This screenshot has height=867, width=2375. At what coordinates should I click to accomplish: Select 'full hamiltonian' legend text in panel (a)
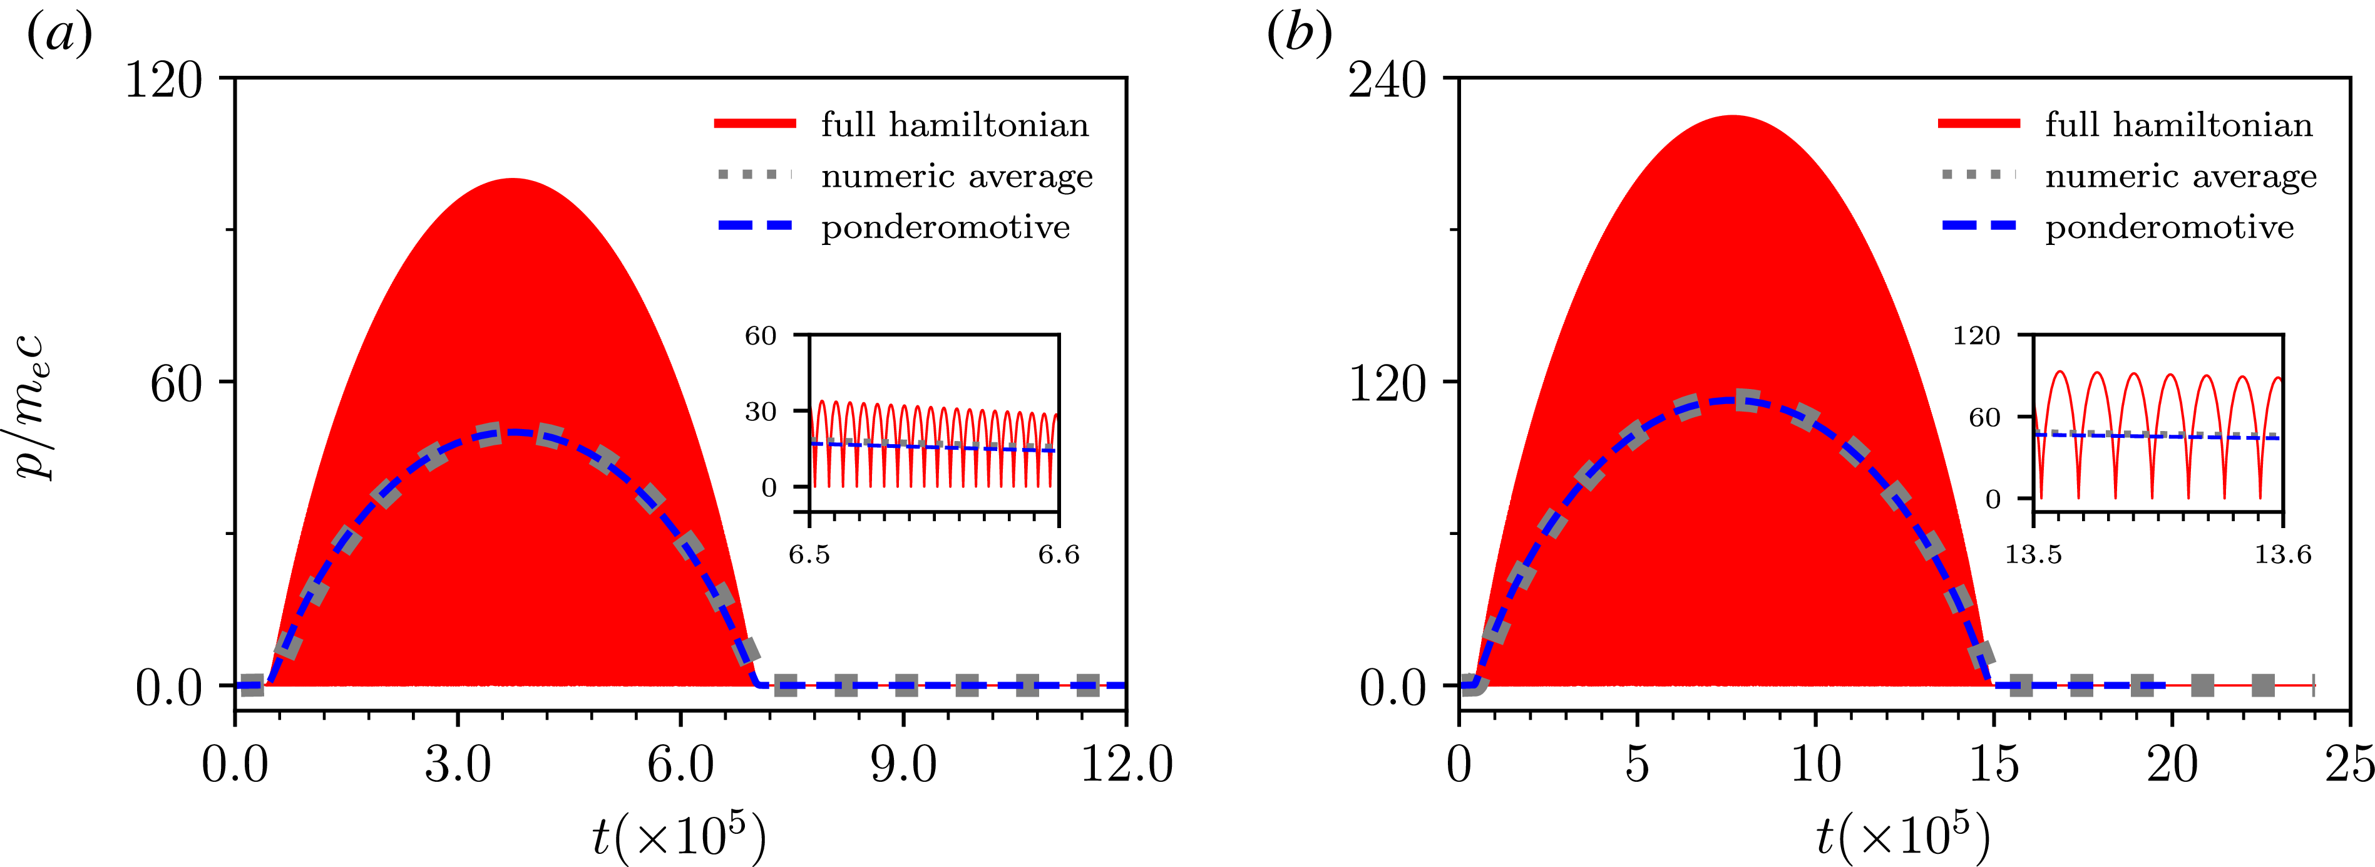point(955,125)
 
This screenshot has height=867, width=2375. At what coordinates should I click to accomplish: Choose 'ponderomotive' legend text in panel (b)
point(2170,227)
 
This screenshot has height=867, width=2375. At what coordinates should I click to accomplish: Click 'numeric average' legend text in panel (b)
point(2180,175)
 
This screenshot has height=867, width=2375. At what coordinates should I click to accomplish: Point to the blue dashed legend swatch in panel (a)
point(755,226)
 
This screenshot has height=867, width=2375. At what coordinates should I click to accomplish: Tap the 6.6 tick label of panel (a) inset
point(1059,554)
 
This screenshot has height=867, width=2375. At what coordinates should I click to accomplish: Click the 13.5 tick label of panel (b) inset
point(2034,554)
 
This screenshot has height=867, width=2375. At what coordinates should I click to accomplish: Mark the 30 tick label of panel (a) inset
point(761,412)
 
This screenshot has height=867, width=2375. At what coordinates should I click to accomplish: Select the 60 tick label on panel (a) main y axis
point(176,383)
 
